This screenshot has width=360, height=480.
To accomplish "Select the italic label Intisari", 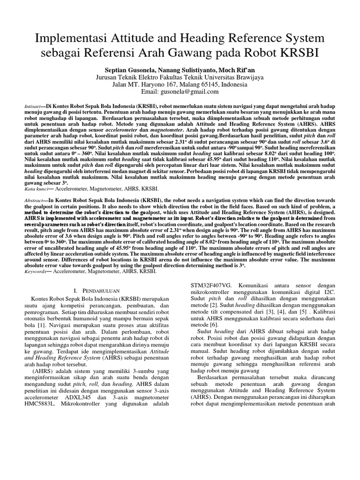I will coord(33,107).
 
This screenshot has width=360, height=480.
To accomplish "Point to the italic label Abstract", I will coord(36,200).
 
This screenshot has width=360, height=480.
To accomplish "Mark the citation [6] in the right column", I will coord(214,324).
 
